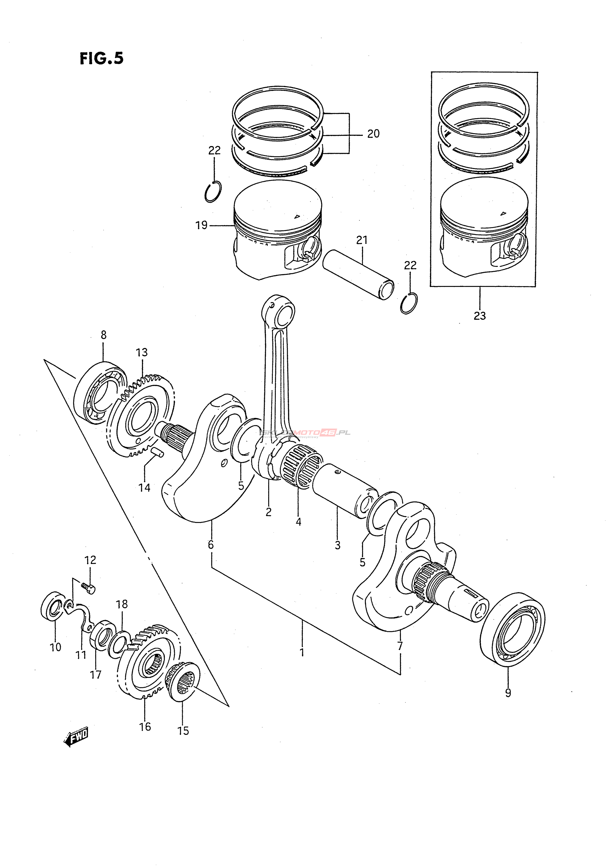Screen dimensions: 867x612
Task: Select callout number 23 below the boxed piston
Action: point(480,316)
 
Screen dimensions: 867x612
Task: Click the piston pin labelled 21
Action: point(358,275)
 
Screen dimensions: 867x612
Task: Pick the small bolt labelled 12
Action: point(89,588)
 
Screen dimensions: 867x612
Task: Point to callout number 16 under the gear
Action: point(145,727)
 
